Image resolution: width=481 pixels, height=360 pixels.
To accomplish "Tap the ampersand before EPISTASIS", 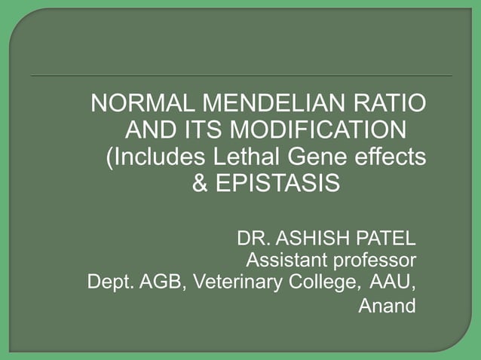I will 201,184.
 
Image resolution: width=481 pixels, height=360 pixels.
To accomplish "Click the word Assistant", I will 282,261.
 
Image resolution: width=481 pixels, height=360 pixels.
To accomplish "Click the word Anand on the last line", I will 386,307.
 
